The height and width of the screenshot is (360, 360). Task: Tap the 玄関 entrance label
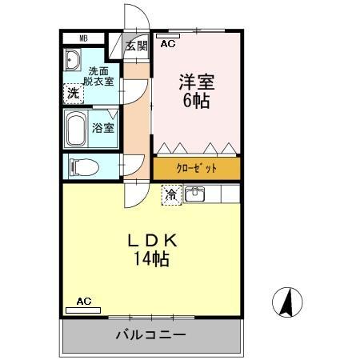pos(136,46)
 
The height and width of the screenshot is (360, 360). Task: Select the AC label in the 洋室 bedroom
pos(167,45)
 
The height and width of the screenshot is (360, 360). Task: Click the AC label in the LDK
pos(84,302)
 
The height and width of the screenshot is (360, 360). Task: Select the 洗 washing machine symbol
pos(73,93)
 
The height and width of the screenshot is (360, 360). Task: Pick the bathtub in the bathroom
pos(77,128)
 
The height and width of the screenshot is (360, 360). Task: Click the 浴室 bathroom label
pos(102,128)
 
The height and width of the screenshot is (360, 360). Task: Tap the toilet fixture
pos(83,167)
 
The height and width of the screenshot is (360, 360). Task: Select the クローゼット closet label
pos(196,169)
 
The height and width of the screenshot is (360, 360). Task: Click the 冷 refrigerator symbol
pos(171,194)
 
